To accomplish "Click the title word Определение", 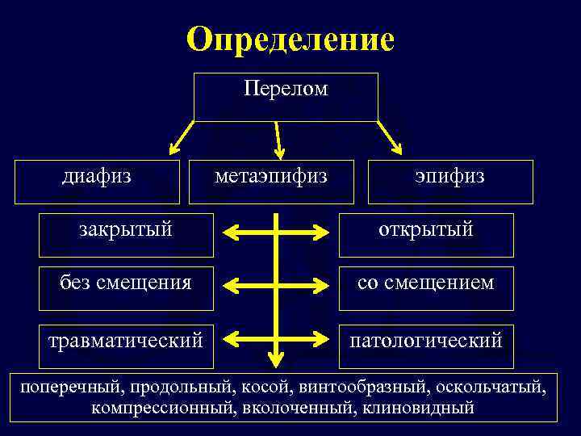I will (x=290, y=39).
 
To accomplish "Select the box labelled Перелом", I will (x=286, y=96).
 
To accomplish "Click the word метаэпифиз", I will (x=271, y=176).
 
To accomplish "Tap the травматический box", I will (x=126, y=340).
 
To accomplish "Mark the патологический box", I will (x=426, y=340).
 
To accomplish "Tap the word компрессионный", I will (x=161, y=408).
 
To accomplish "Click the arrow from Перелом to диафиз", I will (x=182, y=136).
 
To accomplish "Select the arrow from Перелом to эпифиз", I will (x=389, y=136).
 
